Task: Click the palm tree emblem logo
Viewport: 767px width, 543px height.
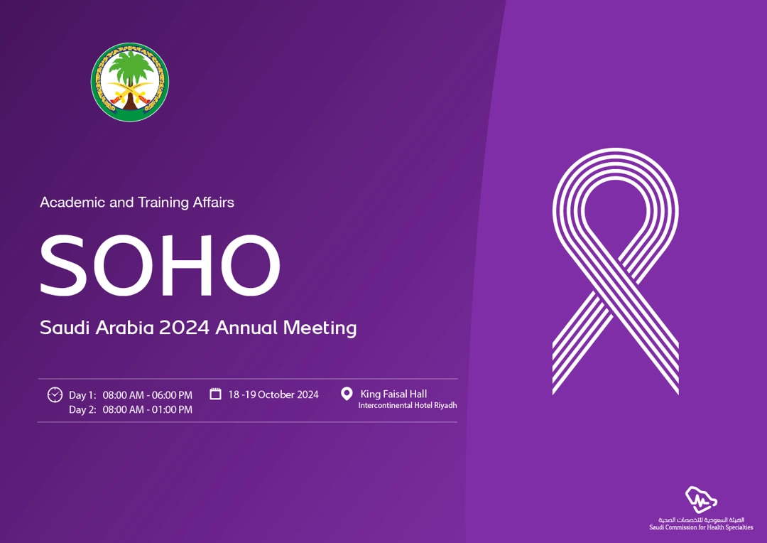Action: click(130, 82)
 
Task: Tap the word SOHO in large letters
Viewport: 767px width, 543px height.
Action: click(160, 265)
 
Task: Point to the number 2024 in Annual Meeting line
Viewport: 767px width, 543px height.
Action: click(184, 328)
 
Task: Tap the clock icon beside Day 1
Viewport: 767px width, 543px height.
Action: click(55, 394)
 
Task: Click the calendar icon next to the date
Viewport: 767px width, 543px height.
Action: click(215, 394)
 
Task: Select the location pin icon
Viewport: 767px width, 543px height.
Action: click(347, 394)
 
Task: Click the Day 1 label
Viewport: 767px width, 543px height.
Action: click(82, 395)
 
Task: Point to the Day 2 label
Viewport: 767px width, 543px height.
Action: click(82, 410)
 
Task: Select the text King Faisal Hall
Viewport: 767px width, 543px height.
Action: click(393, 394)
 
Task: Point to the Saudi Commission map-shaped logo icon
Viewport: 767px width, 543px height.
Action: click(701, 500)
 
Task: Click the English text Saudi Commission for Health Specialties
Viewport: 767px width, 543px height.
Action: click(701, 527)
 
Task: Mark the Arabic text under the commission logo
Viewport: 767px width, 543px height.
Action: click(701, 520)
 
